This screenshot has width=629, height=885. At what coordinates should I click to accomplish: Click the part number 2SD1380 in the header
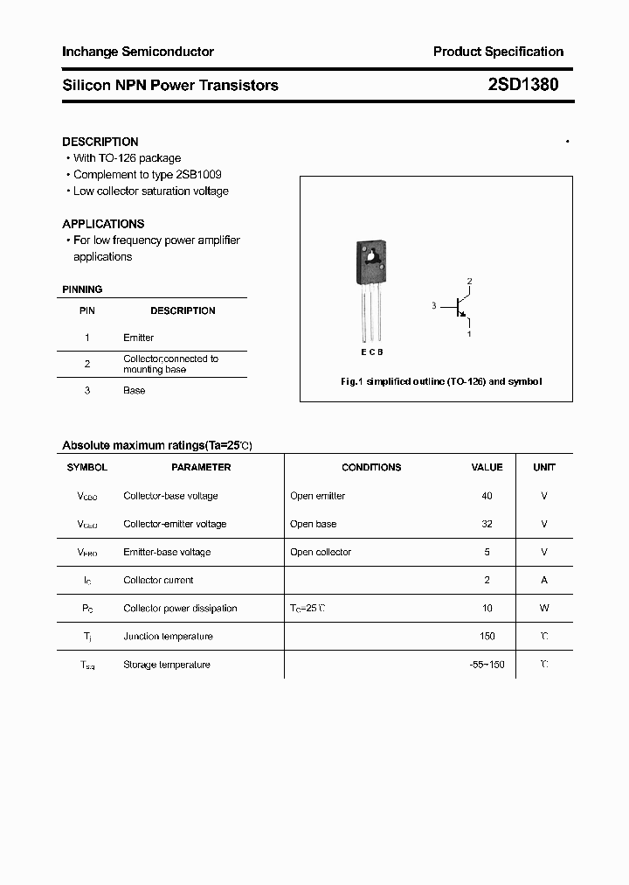[x=523, y=85]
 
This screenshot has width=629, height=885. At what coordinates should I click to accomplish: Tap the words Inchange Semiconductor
[x=138, y=52]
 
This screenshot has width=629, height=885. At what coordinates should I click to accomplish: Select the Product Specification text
[x=498, y=52]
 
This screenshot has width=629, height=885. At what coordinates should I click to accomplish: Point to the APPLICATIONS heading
[x=103, y=224]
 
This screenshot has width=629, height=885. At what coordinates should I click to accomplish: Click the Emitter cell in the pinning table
[x=138, y=338]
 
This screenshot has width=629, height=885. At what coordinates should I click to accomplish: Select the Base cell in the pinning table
[x=134, y=391]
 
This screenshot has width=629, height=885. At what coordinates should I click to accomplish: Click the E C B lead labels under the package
[x=371, y=352]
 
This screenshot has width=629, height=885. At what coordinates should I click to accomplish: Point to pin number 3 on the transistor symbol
[x=433, y=305]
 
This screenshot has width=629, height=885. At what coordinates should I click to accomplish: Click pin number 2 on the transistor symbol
[x=469, y=281]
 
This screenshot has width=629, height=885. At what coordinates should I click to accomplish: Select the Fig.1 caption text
[x=440, y=381]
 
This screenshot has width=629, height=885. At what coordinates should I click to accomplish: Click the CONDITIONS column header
[x=371, y=468]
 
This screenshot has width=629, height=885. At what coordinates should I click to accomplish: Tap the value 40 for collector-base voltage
[x=487, y=496]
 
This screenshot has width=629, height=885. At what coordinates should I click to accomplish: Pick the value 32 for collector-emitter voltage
[x=487, y=524]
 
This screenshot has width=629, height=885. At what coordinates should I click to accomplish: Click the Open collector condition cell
[x=321, y=552]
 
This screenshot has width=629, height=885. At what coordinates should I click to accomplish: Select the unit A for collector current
[x=544, y=580]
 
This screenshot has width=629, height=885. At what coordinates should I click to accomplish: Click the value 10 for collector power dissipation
[x=487, y=608]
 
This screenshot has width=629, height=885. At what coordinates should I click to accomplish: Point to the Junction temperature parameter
[x=167, y=637]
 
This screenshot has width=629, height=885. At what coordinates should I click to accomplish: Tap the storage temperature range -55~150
[x=487, y=665]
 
